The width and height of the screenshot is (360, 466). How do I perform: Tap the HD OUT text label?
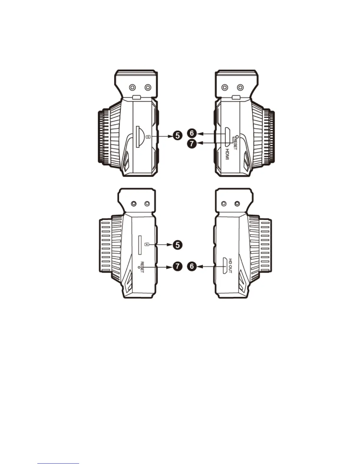pyautogui.click(x=230, y=266)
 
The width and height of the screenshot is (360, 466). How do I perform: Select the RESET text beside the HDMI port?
pyautogui.click(x=235, y=144)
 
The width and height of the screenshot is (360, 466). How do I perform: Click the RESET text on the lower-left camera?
pyautogui.click(x=142, y=267)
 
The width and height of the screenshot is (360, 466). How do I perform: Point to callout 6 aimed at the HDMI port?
pyautogui.click(x=192, y=133)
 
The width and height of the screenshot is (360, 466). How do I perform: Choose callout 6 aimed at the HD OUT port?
pyautogui.click(x=192, y=267)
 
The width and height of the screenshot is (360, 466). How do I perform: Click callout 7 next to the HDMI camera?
pyautogui.click(x=192, y=144)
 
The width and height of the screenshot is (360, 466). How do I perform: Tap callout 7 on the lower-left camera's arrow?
pyautogui.click(x=177, y=267)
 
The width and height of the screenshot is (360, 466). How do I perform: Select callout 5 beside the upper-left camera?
pyautogui.click(x=177, y=136)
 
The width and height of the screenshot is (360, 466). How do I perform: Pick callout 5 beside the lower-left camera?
pyautogui.click(x=177, y=245)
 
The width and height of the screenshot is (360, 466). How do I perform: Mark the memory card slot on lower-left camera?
pyautogui.click(x=140, y=245)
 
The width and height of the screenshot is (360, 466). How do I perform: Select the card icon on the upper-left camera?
pyautogui.click(x=148, y=136)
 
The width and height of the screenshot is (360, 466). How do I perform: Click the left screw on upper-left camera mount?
pyautogui.click(x=132, y=87)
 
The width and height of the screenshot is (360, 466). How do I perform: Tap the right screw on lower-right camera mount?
pyautogui.click(x=237, y=204)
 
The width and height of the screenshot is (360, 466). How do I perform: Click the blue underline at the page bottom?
pyautogui.click(x=58, y=463)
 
